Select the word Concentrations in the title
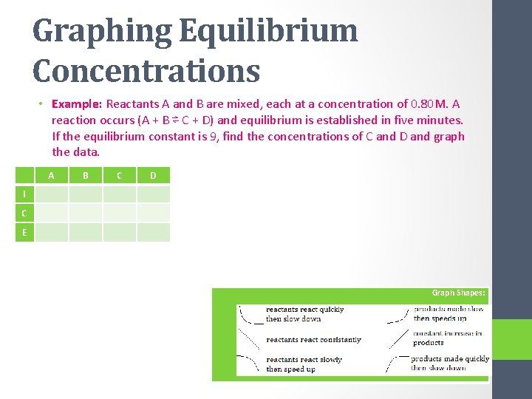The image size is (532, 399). pos(146,72)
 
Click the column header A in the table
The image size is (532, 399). pos(51,176)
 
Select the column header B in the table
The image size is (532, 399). pos(86,176)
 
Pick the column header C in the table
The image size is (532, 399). pos(120,176)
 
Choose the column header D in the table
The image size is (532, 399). pos(153,176)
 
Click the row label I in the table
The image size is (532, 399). pos(24,194)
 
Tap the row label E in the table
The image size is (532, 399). pos(24,233)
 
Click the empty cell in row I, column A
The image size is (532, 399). pos(51,194)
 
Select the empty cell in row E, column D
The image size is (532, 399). pos(153,233)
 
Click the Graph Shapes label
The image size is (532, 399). pos(458,293)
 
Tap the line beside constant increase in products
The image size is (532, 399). pos(398,339)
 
